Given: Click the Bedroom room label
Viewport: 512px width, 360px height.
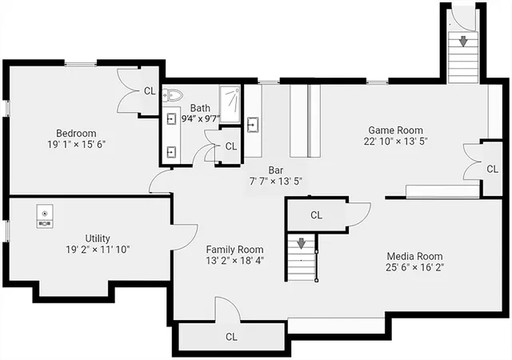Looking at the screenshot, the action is [x=76, y=134].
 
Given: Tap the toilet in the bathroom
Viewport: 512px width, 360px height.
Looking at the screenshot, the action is [x=173, y=95].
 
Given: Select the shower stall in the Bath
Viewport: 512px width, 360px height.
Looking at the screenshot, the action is [x=230, y=104].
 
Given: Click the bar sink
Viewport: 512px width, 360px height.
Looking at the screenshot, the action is [x=253, y=125].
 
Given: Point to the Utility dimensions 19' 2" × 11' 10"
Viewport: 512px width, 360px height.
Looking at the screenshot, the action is [x=98, y=250].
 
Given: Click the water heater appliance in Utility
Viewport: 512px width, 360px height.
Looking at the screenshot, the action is [x=45, y=216].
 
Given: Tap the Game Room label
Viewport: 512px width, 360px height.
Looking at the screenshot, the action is [x=395, y=130].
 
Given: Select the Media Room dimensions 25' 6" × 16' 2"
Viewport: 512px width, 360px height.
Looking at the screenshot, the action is [x=414, y=267].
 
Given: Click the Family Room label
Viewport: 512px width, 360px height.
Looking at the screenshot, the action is [x=234, y=250].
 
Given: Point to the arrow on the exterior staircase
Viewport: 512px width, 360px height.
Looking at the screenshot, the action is [x=463, y=41].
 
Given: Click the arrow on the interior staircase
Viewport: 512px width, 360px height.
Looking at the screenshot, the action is [x=301, y=243].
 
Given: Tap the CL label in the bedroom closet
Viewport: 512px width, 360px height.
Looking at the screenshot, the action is [x=150, y=91].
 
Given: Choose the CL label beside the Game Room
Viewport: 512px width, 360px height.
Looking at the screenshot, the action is [x=493, y=169].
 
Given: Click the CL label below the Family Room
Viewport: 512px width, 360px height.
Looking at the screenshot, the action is [x=231, y=337].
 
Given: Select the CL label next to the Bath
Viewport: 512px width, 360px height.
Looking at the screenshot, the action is [x=231, y=146].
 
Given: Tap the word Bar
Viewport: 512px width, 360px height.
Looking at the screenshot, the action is [x=276, y=170].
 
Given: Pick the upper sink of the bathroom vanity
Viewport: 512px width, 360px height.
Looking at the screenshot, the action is [x=171, y=119].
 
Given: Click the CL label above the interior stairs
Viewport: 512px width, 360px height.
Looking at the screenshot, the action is [x=316, y=215].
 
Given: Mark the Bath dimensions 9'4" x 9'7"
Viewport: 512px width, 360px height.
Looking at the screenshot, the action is [x=201, y=118].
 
